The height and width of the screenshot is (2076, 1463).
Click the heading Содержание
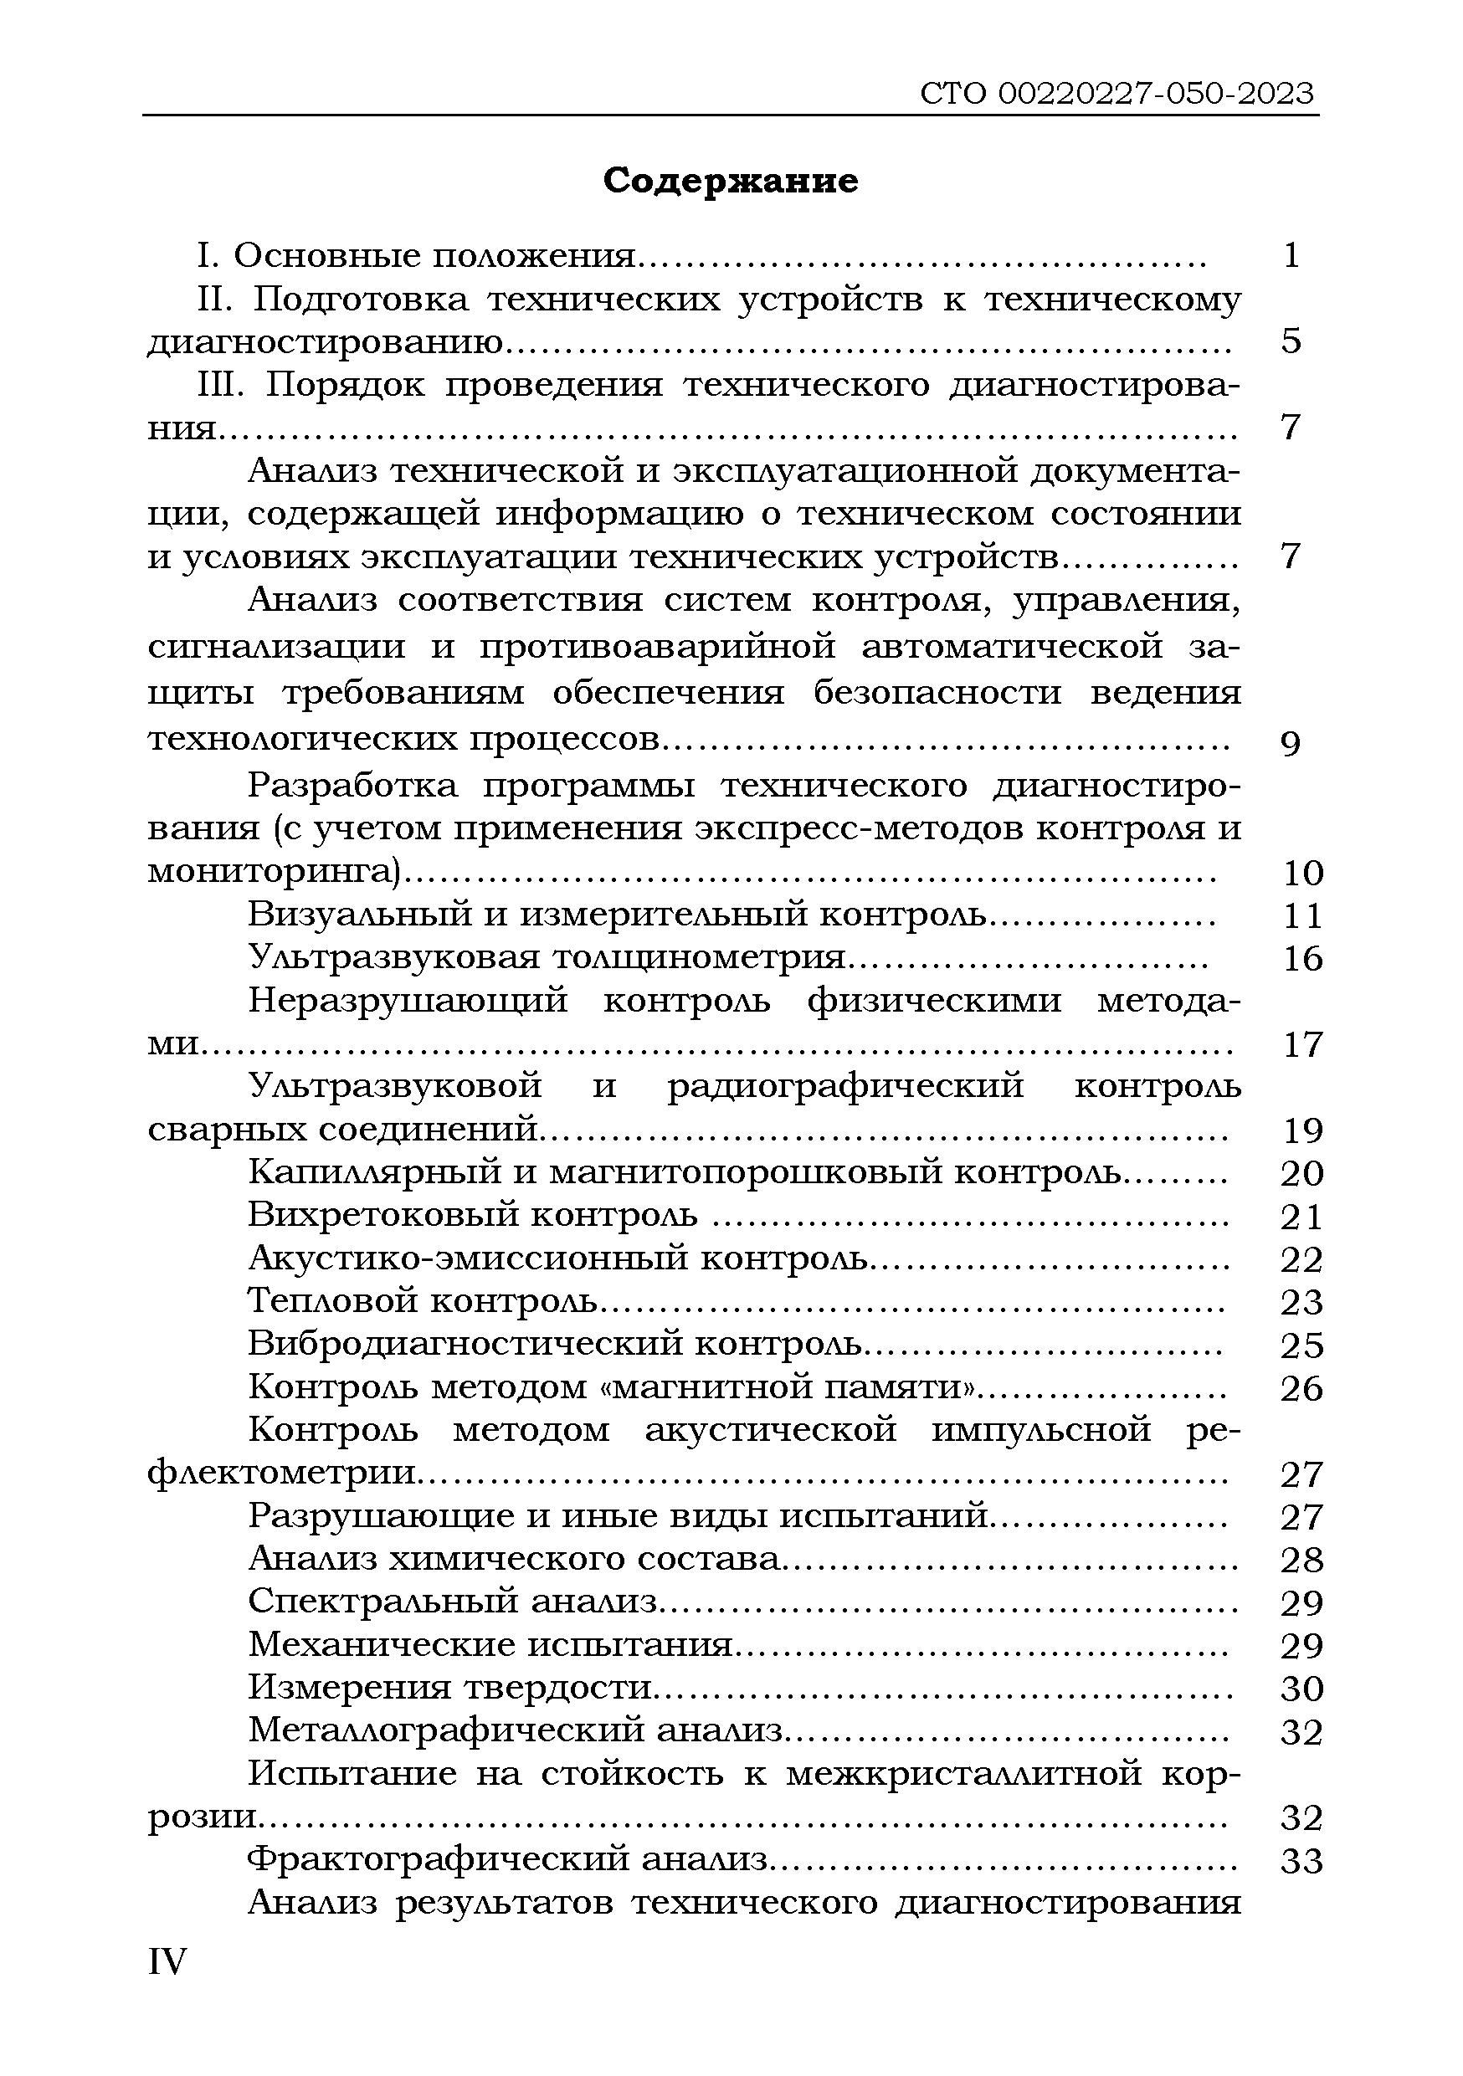pyautogui.click(x=731, y=182)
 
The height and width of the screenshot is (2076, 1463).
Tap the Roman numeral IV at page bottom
pyautogui.click(x=167, y=1961)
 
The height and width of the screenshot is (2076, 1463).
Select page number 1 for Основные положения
pyautogui.click(x=1291, y=257)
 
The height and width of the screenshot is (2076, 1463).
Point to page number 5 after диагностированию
pyautogui.click(x=1291, y=341)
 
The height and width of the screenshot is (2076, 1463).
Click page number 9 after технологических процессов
pyautogui.click(x=1291, y=743)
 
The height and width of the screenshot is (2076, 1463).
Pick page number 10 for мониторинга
pyautogui.click(x=1302, y=874)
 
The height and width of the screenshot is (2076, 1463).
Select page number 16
pyautogui.click(x=1302, y=958)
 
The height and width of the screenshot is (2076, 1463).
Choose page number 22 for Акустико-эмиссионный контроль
pyautogui.click(x=1302, y=1259)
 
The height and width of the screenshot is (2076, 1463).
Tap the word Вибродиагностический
pyautogui.click(x=464, y=1345)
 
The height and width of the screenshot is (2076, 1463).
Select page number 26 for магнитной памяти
pyautogui.click(x=1302, y=1388)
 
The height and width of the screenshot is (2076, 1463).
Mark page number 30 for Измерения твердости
pyautogui.click(x=1302, y=1688)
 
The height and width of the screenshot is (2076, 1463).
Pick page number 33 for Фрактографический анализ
pyautogui.click(x=1302, y=1861)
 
